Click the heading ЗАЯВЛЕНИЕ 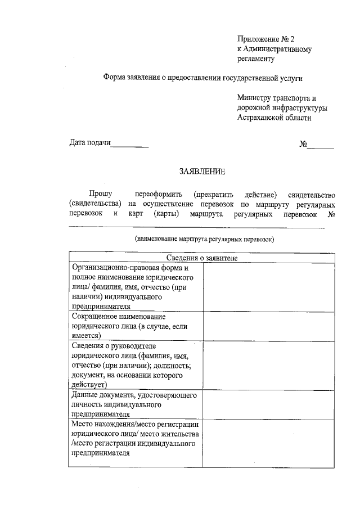coord(202,171)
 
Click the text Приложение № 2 coord(265,39)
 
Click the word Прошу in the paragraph coord(100,193)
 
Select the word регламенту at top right coord(255,58)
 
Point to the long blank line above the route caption coord(196,227)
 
